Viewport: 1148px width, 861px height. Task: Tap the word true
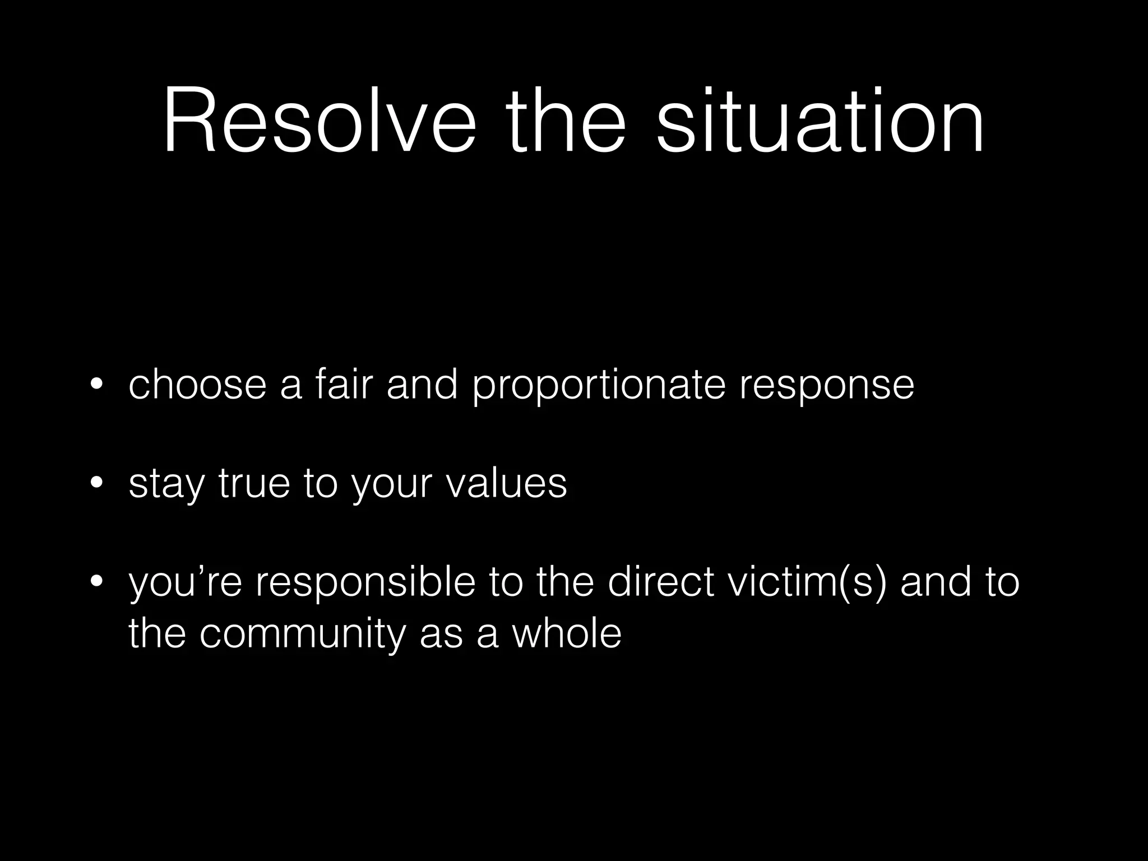click(254, 483)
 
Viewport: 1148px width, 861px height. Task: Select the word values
click(507, 483)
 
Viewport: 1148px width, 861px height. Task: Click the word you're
click(186, 583)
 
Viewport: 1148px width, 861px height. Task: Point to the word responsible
click(365, 583)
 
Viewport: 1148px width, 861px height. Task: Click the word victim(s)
click(807, 583)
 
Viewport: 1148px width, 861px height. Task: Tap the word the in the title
click(566, 121)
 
